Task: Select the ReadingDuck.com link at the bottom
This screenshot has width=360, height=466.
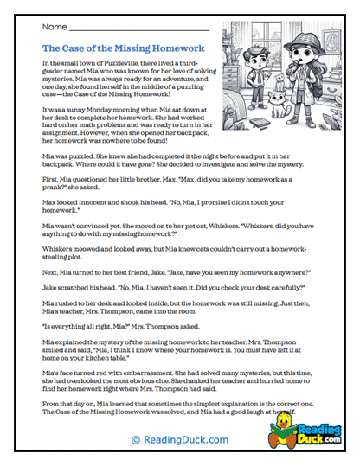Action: [179, 440]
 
